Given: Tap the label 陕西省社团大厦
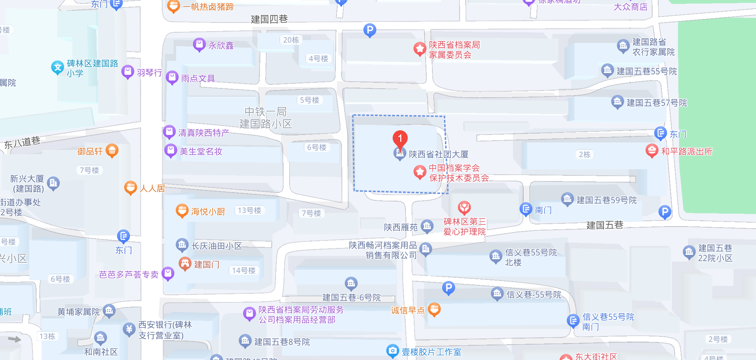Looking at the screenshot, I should click(x=438, y=154).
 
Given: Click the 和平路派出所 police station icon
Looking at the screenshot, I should click(x=652, y=151).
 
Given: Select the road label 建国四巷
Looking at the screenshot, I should click(x=269, y=19).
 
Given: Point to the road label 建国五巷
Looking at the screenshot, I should click(x=605, y=225).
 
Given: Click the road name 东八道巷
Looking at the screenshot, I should click(x=22, y=142).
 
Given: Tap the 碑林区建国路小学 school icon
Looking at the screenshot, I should click(x=57, y=67).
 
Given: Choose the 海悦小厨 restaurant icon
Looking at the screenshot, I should click(x=182, y=211).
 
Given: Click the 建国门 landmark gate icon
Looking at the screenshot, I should click(x=185, y=264).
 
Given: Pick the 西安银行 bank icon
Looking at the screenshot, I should click(x=129, y=329).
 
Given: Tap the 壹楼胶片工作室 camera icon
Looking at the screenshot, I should click(x=393, y=351).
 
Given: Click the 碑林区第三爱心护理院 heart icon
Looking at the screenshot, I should click(x=464, y=208).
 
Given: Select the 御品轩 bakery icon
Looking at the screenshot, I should click(x=112, y=151).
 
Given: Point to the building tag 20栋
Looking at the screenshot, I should click(x=291, y=40).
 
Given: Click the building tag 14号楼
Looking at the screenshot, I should click(x=244, y=271).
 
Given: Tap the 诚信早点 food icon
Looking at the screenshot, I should click(x=434, y=309).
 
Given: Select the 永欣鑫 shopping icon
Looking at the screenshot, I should click(x=199, y=45).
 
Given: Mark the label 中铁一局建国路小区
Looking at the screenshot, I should click(x=266, y=118).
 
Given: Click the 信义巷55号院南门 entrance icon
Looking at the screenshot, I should click(x=573, y=320).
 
